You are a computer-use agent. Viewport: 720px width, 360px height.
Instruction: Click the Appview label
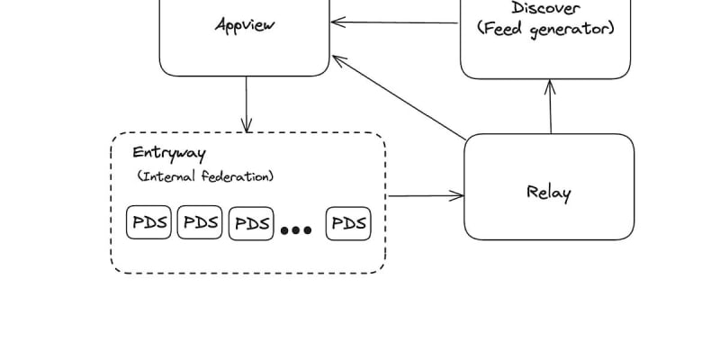[245, 24]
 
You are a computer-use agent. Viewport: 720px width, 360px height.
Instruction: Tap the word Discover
[545, 8]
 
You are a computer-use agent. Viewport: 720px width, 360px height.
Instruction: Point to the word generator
[571, 29]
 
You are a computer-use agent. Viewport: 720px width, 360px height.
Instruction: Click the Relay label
[548, 192]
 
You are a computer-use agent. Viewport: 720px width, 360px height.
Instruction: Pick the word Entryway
[168, 153]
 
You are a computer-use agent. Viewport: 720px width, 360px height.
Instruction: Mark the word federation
[238, 176]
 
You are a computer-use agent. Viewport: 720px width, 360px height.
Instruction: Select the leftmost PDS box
[148, 223]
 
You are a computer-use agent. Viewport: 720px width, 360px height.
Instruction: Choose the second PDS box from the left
[200, 223]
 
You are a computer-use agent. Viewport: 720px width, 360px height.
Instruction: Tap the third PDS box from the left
[251, 223]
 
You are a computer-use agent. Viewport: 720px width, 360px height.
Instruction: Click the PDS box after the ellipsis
[348, 223]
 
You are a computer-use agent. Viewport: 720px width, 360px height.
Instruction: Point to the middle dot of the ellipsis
[296, 231]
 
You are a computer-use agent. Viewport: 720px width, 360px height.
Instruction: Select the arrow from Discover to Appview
[395, 22]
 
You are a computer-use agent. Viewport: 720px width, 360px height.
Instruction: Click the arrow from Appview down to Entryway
[246, 103]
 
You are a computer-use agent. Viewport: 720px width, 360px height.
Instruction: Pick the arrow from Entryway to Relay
[425, 195]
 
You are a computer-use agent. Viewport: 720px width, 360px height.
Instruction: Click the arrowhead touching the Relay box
[459, 195]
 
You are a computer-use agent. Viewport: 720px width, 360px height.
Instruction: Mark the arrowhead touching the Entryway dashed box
[246, 128]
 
